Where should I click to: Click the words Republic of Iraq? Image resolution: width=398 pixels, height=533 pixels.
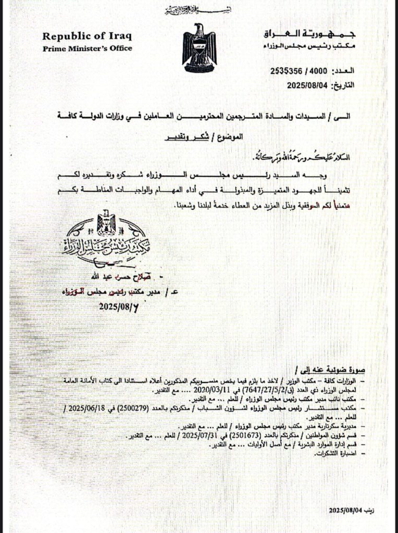click(86, 36)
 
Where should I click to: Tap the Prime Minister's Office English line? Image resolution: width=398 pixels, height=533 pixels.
click(87, 48)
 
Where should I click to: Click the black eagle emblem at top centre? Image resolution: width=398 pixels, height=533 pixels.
click(199, 48)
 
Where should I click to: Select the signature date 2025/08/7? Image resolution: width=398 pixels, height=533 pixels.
click(120, 307)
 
